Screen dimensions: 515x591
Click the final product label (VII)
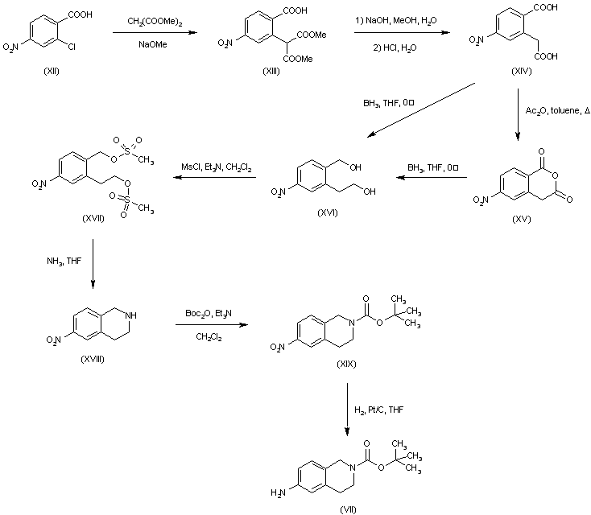point(349,509)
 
